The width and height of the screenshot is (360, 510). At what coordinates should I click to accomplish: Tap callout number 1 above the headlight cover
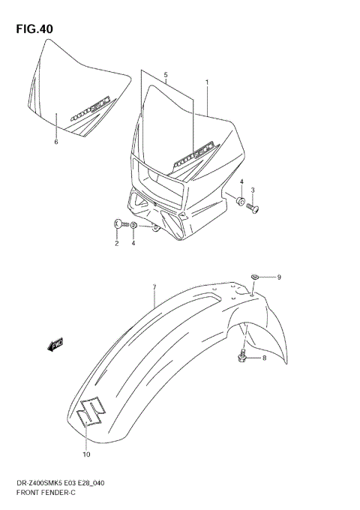[x=207, y=82]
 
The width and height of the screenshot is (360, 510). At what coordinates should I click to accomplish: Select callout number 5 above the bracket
[x=166, y=75]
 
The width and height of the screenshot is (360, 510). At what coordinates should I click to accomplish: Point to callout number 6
[x=55, y=141]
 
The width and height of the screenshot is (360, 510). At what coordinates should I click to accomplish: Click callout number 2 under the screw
[x=117, y=244]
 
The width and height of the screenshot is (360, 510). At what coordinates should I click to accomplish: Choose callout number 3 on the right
[x=253, y=190]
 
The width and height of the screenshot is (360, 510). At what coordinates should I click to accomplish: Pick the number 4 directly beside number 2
[x=133, y=244]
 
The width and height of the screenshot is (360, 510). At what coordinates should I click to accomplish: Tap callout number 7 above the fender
[x=154, y=287]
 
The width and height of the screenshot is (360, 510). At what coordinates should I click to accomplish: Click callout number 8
[x=264, y=358]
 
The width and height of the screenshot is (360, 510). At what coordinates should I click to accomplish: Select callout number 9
[x=278, y=278]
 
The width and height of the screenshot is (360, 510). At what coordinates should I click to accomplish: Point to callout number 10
[x=86, y=454]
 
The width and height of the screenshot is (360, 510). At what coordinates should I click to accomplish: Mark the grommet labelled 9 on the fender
[x=256, y=278]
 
